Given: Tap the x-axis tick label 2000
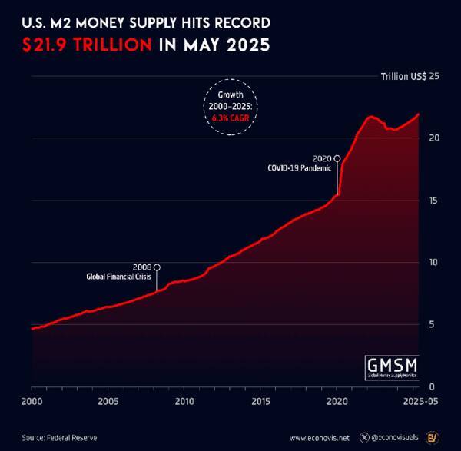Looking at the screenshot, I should tap(32, 402).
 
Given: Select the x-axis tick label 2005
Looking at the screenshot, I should tap(108, 402).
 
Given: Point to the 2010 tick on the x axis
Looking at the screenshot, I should tap(184, 402).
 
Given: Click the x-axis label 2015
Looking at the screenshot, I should tap(261, 402).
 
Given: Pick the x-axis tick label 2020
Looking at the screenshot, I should tap(337, 402).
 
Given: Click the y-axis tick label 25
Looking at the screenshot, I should tap(434, 76).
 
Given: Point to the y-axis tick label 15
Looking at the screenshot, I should tap(434, 201).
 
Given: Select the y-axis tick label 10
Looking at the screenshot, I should tap(434, 263).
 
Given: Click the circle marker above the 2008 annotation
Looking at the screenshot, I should tap(157, 267).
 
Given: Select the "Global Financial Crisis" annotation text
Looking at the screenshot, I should tap(119, 277).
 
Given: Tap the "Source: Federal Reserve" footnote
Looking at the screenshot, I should tap(60, 437).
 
